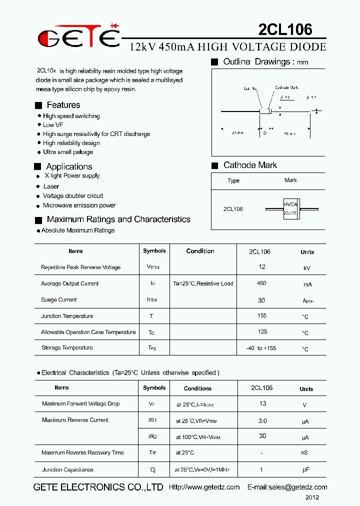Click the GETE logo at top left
tap(79, 36)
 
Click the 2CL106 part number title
tap(285, 29)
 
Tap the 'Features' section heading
tap(63, 105)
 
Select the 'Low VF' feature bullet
tap(53, 125)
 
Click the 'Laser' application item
tap(51, 186)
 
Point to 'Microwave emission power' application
tap(79, 205)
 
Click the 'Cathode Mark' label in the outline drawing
tap(286, 88)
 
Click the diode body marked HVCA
tap(290, 208)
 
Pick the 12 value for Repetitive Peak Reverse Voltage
tap(262, 267)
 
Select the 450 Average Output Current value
tap(261, 283)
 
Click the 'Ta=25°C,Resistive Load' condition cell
tap(203, 283)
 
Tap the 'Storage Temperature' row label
tap(66, 347)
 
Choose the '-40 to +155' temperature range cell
tap(261, 348)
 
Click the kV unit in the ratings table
tap(307, 268)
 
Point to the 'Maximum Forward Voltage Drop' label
tap(80, 403)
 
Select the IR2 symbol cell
tap(152, 436)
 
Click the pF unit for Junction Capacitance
tap(305, 470)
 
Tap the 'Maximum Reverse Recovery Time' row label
tap(82, 452)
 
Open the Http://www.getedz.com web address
tap(204, 487)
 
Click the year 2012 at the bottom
tap(312, 497)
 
